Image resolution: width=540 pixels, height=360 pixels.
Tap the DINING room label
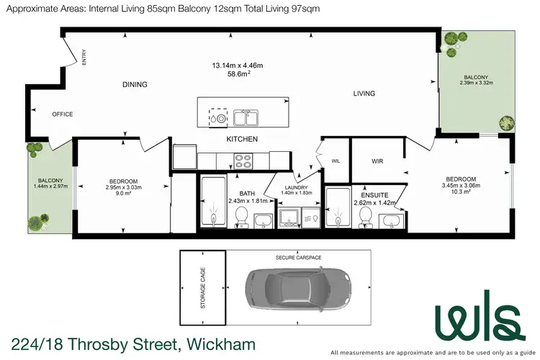tap(135, 84)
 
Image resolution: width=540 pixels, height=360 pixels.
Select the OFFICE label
tap(62, 114)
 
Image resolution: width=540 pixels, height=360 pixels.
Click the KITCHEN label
tap(242, 139)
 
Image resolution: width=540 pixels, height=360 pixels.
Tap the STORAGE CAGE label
tap(202, 290)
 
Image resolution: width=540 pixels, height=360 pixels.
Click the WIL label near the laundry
tap(336, 161)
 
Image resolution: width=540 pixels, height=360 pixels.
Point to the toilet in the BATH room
tap(241, 216)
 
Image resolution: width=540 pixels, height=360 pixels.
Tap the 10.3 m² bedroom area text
tap(460, 192)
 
